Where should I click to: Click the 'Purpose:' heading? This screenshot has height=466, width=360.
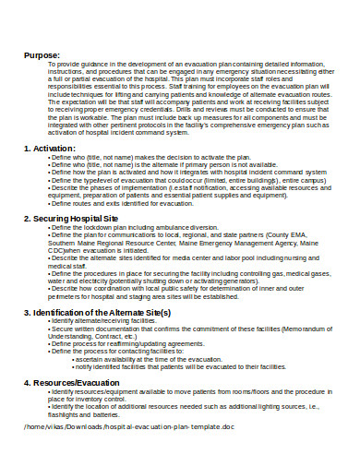tap(41, 55)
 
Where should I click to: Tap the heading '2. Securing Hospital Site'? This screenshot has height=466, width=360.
tap(83, 218)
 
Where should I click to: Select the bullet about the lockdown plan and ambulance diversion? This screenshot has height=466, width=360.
tap(149, 227)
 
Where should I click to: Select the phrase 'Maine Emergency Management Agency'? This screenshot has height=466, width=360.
tap(239, 243)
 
